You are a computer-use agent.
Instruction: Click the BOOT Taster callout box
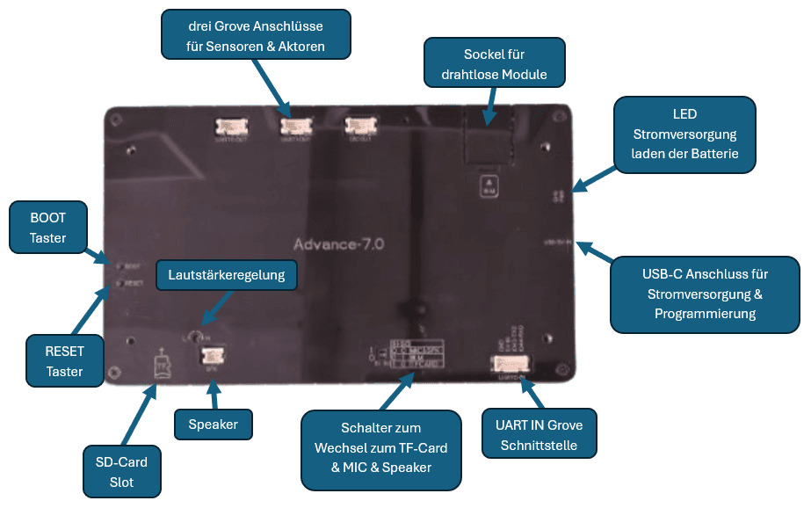coord(48,227)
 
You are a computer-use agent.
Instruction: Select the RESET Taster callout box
coord(64,360)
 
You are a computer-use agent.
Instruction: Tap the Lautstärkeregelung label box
coord(227,275)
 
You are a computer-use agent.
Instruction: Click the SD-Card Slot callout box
coord(122,471)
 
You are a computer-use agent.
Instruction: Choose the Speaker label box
coord(214,425)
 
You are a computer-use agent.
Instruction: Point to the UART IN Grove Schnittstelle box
coord(539,434)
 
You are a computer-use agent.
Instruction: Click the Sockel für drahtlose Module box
coord(494,63)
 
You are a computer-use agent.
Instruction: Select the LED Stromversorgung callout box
coord(684,134)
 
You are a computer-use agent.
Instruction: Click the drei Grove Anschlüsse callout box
coord(257,35)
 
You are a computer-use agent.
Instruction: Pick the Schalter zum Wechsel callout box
coord(381,449)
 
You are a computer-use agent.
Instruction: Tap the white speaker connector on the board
coord(212,356)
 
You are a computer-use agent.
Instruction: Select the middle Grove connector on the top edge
coord(296,128)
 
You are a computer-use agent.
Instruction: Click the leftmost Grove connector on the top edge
coord(231,128)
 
